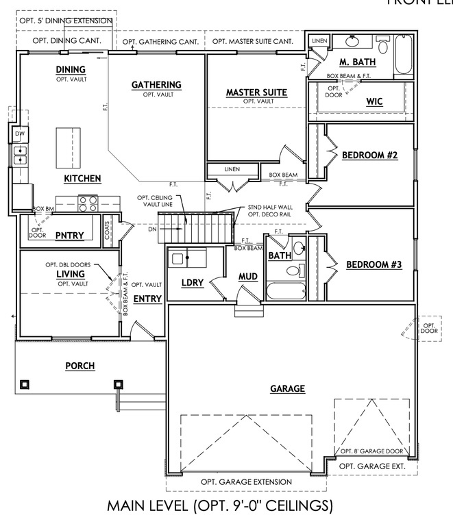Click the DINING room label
pos(71,70)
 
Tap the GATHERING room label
pos(156,85)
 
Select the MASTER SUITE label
pos(256,92)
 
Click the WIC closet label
pos(374,102)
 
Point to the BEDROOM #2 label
pos(370,155)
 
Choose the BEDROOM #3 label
pos(374,264)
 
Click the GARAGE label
pos(287,388)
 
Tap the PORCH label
pos(79,366)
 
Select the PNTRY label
pos(69,236)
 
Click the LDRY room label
pos(193,282)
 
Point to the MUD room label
pos(247,277)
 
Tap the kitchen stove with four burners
pos(88,203)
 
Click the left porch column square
pos(25,384)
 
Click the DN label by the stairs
pos(152,229)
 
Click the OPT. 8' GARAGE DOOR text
pos(373,451)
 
